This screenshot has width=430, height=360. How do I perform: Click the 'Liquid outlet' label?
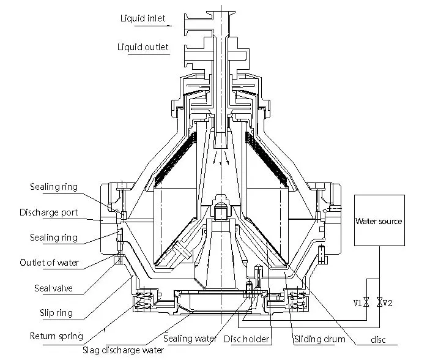[143, 47]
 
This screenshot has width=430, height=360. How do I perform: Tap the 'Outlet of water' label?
[50, 263]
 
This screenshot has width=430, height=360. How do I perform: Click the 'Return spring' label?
[56, 336]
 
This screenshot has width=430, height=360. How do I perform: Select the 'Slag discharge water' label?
[124, 351]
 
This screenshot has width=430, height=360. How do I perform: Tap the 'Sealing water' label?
[190, 339]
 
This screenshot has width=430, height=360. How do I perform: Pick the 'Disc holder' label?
[247, 339]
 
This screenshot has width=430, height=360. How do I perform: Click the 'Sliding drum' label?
[320, 339]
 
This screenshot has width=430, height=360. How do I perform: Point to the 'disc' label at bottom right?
[379, 340]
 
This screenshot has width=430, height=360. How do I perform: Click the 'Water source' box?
[379, 221]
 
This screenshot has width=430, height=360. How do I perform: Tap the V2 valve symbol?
[380, 302]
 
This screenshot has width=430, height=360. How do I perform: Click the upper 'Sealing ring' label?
[54, 187]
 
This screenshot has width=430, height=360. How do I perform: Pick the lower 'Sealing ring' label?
[54, 238]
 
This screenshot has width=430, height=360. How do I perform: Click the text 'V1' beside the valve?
[357, 302]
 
